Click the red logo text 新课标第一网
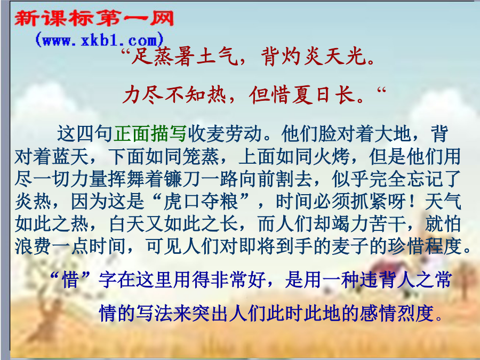[94, 18]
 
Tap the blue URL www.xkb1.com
[100, 40]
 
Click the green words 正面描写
[150, 134]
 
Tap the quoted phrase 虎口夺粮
[201, 202]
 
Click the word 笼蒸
[201, 156]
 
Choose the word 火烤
[331, 156]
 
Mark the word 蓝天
[70, 156]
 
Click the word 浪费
[33, 246]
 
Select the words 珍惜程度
[425, 246]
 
